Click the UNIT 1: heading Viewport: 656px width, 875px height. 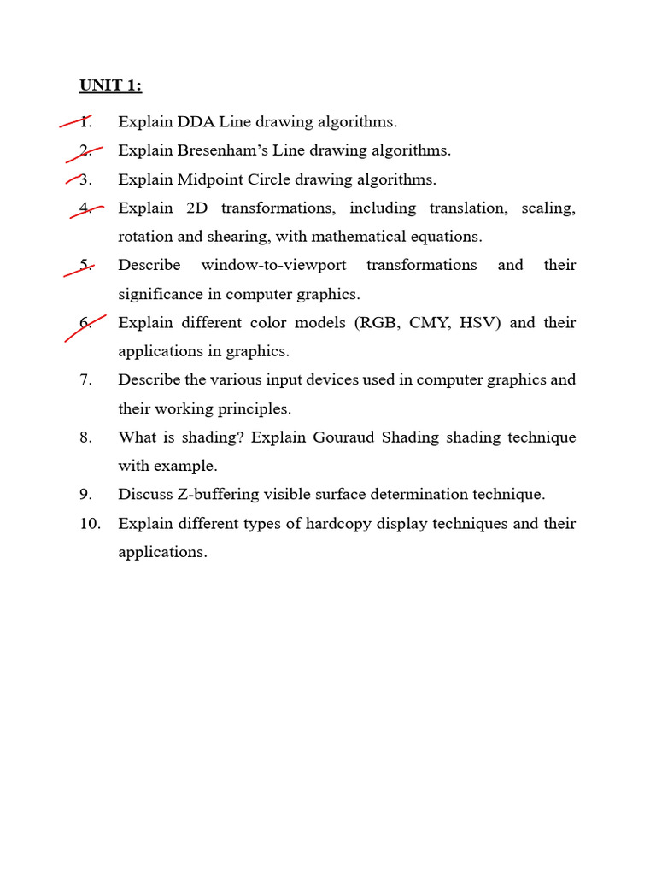tap(110, 85)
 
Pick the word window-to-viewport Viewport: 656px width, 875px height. tap(273, 265)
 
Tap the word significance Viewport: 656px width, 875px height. tap(158, 294)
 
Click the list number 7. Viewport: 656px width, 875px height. tap(85, 379)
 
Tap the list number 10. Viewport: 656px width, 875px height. tap(90, 523)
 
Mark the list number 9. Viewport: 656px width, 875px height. tap(85, 494)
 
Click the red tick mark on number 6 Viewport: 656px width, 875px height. tap(85, 327)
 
